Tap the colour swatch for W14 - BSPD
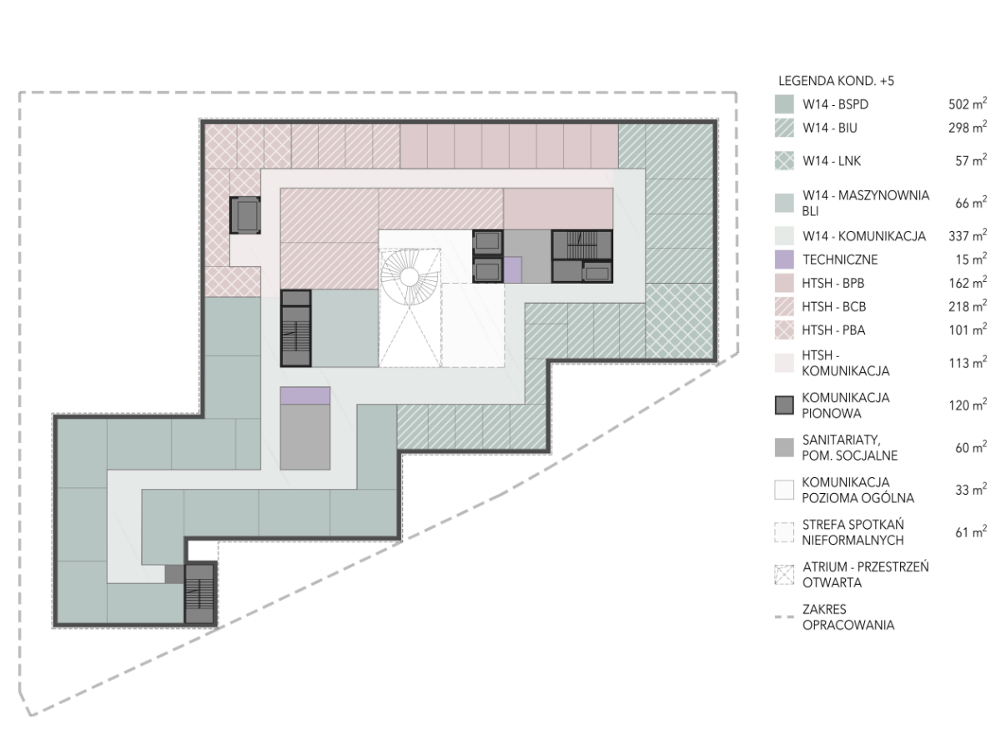pyautogui.click(x=784, y=104)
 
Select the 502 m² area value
pyautogui.click(x=968, y=103)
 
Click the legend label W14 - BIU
pyautogui.click(x=830, y=128)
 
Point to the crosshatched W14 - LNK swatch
pyautogui.click(x=784, y=161)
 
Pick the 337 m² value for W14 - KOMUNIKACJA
pyautogui.click(x=968, y=235)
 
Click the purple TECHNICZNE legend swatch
pyautogui.click(x=784, y=259)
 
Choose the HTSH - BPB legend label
pyautogui.click(x=833, y=283)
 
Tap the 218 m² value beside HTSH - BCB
pyautogui.click(x=968, y=306)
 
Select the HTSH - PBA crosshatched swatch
pyautogui.click(x=784, y=330)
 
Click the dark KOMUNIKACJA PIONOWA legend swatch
pyautogui.click(x=784, y=405)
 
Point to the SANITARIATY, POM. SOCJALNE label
pyautogui.click(x=850, y=448)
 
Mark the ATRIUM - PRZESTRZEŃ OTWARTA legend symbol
pyautogui.click(x=784, y=575)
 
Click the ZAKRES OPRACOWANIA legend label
pyautogui.click(x=848, y=617)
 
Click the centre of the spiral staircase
pyautogui.click(x=410, y=276)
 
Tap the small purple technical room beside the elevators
pyautogui.click(x=512, y=269)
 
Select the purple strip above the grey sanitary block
pyautogui.click(x=305, y=395)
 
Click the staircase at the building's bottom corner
pyautogui.click(x=199, y=594)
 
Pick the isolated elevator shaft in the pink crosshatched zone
pyautogui.click(x=245, y=215)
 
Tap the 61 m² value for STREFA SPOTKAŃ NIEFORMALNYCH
pyautogui.click(x=971, y=531)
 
